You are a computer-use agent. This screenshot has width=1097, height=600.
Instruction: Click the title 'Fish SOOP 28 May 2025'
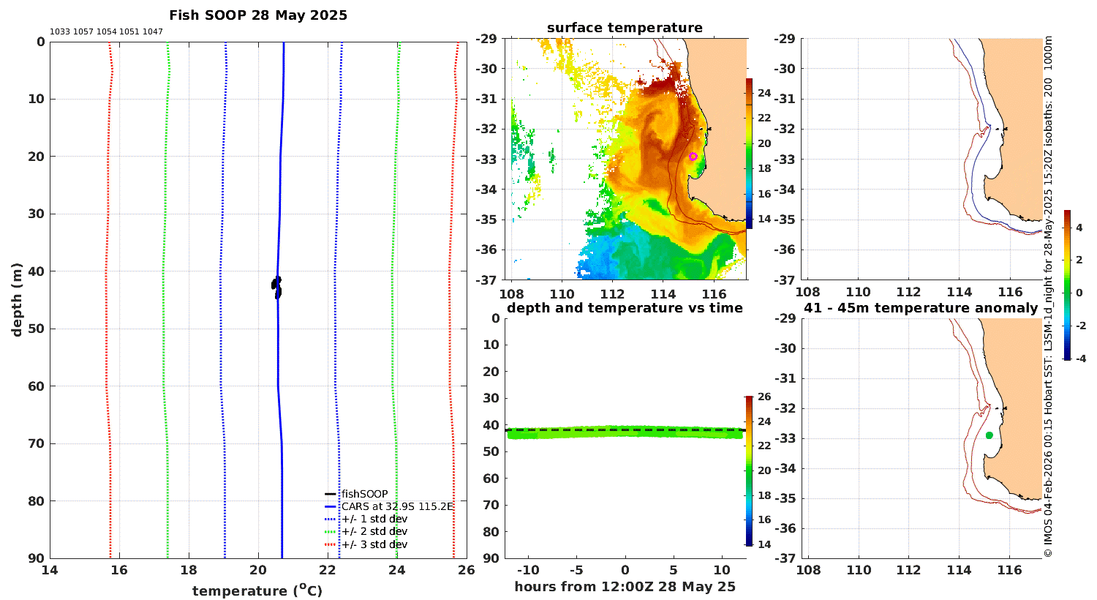[258, 15]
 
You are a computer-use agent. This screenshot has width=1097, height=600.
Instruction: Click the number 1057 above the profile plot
[83, 32]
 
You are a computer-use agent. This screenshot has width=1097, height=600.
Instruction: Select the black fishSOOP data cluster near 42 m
[276, 288]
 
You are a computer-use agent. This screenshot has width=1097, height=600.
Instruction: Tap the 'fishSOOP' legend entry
[364, 494]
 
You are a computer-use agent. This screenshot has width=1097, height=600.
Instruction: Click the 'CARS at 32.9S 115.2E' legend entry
[397, 506]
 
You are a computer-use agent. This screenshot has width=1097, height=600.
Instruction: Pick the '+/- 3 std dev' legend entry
[374, 544]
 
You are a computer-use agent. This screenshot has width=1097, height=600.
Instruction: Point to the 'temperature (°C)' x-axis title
[257, 590]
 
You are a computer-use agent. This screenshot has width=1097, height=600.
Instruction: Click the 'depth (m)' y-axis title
[17, 300]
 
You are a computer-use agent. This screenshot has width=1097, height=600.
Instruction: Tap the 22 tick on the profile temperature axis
[328, 570]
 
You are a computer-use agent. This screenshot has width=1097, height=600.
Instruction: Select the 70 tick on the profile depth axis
[37, 443]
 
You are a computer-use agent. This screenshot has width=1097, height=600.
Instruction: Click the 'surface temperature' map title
[625, 27]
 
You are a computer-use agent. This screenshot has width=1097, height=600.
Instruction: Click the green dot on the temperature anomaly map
[989, 435]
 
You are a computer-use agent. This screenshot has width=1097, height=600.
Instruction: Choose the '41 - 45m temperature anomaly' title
[921, 307]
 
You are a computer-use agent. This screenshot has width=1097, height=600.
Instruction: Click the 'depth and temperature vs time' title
[625, 307]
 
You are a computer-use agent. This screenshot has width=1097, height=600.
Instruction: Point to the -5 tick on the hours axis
[576, 570]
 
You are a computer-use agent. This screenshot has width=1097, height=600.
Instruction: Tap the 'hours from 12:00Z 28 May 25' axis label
[625, 586]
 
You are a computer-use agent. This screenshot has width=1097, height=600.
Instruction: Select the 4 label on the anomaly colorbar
[1079, 228]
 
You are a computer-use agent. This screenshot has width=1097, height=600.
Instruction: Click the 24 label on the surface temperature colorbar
[764, 93]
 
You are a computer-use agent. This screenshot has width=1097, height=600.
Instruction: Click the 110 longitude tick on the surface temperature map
[562, 294]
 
